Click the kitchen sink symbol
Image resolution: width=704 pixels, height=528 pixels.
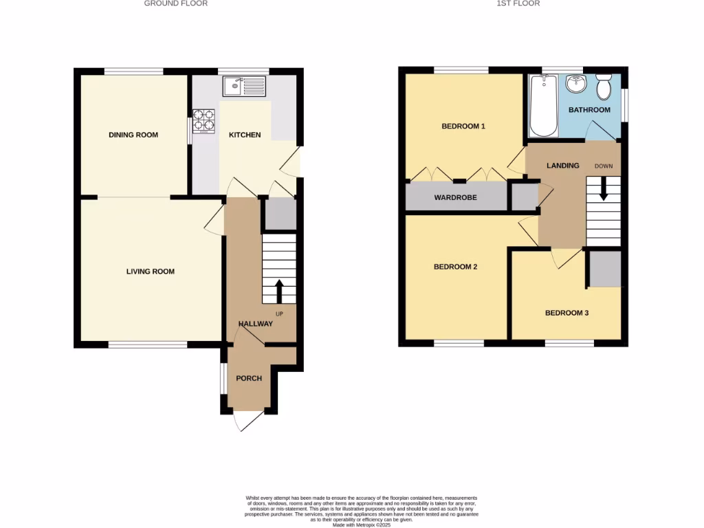[x=244, y=87]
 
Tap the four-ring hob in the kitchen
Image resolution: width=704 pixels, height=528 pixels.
[x=204, y=121]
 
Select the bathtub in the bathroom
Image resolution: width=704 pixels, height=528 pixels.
[x=543, y=107]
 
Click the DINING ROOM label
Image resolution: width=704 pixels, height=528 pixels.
[x=133, y=135]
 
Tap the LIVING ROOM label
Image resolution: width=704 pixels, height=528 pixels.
[x=151, y=272]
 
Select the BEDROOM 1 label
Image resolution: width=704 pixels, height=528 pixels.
[x=463, y=126]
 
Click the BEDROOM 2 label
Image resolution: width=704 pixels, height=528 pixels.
[x=455, y=267]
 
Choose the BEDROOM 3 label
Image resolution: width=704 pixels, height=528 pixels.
[x=566, y=313]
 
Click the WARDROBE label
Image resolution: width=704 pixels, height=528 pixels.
[x=455, y=197]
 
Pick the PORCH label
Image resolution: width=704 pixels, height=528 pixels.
[x=249, y=378]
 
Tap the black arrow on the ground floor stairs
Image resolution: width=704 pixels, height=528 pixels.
[x=279, y=291]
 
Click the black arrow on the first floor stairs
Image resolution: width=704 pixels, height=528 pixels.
[x=604, y=188]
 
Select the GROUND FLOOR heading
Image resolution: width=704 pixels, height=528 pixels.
[x=175, y=3]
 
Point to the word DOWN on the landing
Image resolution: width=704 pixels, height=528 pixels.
[x=604, y=166]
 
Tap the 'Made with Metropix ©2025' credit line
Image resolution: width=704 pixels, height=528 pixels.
[x=361, y=525]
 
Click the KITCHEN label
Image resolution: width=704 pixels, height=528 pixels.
[x=245, y=135]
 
